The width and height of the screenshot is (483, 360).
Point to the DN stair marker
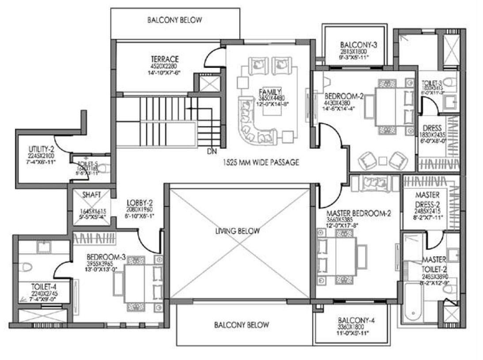(x=211, y=152)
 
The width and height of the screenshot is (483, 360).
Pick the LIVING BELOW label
(x=238, y=231)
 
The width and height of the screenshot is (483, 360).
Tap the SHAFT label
(x=92, y=195)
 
